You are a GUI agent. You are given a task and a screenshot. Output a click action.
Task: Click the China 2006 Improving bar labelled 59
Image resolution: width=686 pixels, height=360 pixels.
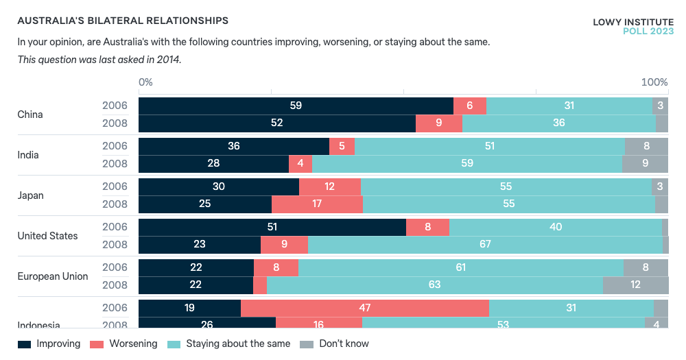point(296,106)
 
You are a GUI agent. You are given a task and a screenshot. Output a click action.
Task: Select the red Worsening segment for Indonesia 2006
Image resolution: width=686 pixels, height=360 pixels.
point(365,308)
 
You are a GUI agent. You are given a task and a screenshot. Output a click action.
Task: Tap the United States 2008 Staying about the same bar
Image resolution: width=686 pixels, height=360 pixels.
point(485,245)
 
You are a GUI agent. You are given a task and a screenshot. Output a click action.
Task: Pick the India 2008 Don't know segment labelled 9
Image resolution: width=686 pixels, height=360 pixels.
point(645,164)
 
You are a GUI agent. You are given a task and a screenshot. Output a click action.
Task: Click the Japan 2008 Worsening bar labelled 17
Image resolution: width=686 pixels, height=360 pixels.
point(317,204)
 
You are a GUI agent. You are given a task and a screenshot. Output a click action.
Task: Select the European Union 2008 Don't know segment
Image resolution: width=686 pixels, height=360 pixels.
point(635,285)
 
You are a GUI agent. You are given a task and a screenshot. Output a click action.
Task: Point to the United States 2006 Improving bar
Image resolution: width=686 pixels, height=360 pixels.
point(272,227)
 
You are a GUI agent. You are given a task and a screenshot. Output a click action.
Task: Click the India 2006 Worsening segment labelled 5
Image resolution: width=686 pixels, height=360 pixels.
point(342,146)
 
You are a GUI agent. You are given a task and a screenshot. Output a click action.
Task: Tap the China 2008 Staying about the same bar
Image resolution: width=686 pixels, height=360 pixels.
point(558,123)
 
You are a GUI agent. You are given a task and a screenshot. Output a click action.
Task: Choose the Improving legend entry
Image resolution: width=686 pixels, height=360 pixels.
point(49,344)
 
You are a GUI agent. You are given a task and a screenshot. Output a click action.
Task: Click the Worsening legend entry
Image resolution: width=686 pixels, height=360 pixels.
point(124,344)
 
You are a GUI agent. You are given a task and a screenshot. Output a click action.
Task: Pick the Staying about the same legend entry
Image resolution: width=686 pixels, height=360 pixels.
point(229,344)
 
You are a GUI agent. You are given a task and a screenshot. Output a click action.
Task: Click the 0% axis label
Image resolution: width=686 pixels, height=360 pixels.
point(145,82)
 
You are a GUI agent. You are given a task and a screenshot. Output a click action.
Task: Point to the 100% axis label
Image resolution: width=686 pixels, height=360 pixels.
point(654,82)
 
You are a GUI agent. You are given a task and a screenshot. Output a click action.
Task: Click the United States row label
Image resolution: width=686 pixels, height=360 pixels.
point(47,236)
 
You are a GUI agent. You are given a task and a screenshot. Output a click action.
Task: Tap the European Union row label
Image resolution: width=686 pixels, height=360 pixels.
point(53,276)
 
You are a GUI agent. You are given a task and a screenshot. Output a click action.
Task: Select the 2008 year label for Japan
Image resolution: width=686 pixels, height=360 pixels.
point(115,204)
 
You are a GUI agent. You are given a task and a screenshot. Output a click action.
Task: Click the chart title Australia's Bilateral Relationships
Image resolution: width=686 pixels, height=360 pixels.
point(123,22)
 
